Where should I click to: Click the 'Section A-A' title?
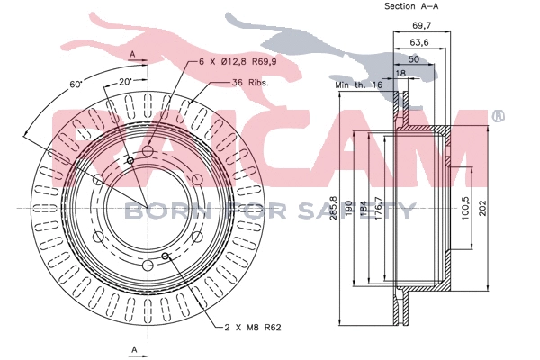tap(411, 6)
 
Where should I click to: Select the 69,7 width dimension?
tap(422, 25)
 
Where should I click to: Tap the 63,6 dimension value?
tap(419, 42)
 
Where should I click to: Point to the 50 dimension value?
tap(414, 59)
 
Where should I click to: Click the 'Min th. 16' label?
tap(359, 85)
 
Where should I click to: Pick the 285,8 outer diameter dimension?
tap(333, 208)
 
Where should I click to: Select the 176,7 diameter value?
tap(378, 208)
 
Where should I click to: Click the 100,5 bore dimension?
tap(465, 209)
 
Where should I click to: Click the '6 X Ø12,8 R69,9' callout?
tap(238, 62)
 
